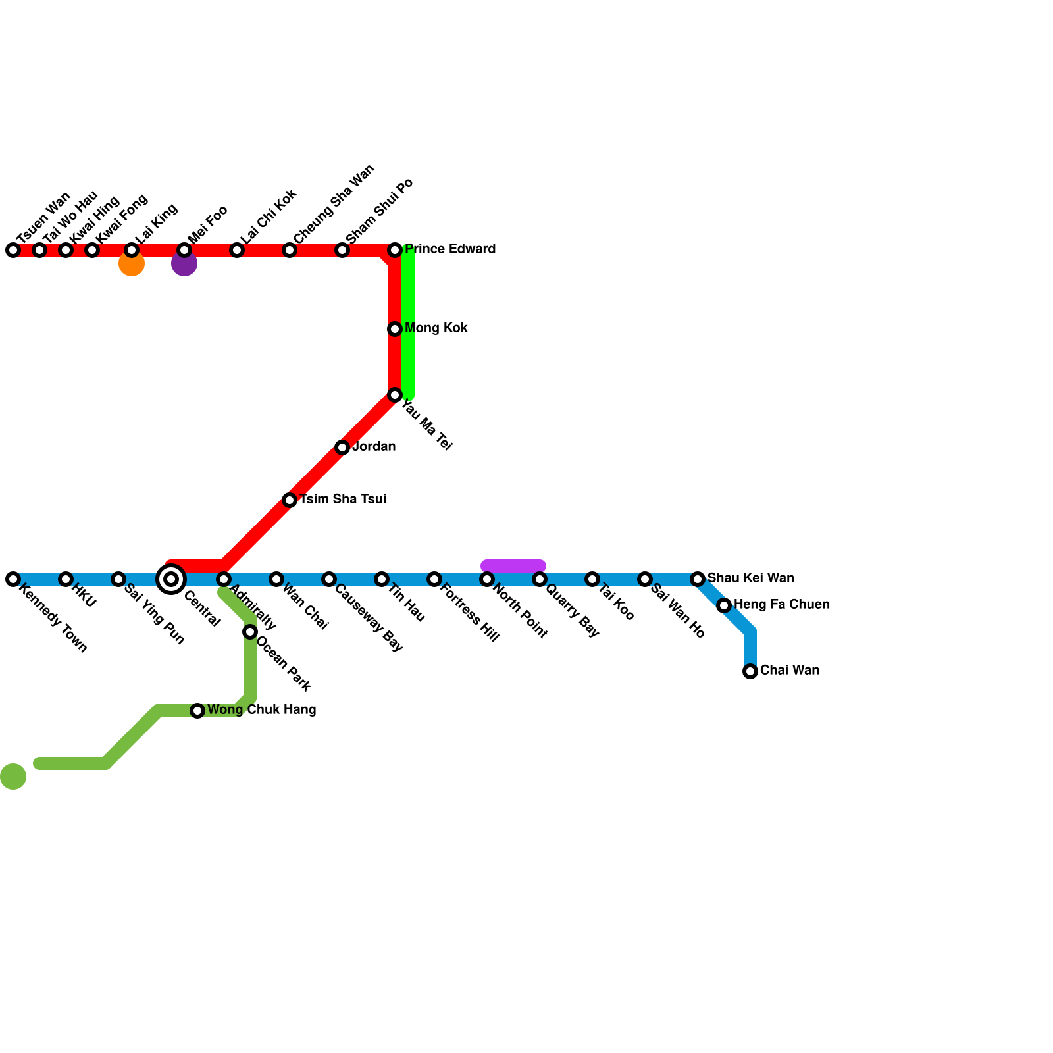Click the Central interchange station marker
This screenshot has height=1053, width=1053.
(x=171, y=579)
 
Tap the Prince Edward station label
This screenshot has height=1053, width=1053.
(x=449, y=249)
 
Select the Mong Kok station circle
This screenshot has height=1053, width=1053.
(x=395, y=329)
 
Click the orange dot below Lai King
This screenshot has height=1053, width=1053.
(x=132, y=265)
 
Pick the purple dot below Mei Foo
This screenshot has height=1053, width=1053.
(x=184, y=265)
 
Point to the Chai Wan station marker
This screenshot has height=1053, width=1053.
(x=750, y=671)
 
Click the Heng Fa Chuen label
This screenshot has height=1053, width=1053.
(x=781, y=605)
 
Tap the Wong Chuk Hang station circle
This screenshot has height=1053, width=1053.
(x=197, y=711)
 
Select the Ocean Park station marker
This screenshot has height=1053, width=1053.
(x=250, y=632)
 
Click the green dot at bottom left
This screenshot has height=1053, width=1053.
(x=13, y=777)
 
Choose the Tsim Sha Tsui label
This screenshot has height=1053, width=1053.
(x=343, y=500)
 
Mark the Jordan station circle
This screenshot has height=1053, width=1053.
(x=342, y=448)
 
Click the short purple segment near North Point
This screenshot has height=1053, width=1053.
(x=513, y=565)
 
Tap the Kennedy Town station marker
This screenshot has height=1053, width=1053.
(x=13, y=579)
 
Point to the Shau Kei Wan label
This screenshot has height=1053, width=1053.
(x=750, y=578)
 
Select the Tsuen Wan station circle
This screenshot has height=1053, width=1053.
(x=13, y=250)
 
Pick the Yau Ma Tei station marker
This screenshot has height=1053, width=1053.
(x=395, y=395)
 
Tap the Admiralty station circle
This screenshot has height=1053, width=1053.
(x=224, y=579)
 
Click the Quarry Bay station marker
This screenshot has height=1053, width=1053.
(x=540, y=579)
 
